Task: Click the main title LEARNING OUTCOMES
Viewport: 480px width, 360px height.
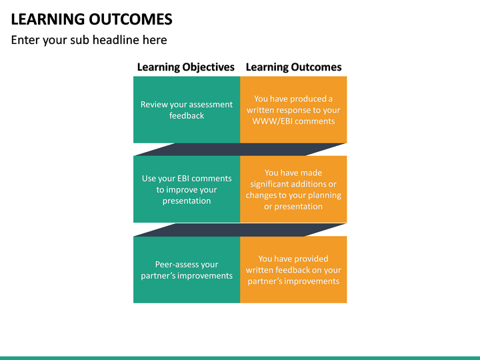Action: (x=91, y=19)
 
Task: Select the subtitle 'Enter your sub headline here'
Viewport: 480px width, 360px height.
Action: (x=89, y=40)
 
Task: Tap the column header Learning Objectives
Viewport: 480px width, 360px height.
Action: (x=185, y=67)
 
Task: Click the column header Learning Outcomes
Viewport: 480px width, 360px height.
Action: (x=293, y=67)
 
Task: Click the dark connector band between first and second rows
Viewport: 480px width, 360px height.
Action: (x=240, y=149)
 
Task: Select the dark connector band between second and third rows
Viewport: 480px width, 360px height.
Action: (x=240, y=229)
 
